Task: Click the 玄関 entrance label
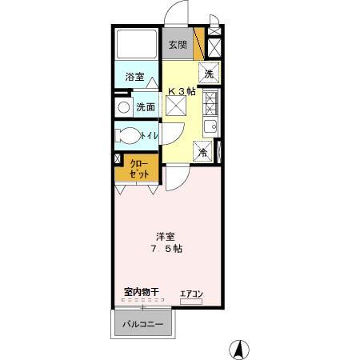[178, 46]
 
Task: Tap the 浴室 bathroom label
[135, 78]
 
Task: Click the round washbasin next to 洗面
[123, 106]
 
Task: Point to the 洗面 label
[145, 106]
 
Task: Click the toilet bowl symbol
[128, 135]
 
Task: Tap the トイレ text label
[150, 136]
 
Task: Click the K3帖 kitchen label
[181, 90]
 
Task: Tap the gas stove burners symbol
[210, 102]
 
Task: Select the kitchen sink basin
[210, 126]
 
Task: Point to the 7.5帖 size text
[166, 249]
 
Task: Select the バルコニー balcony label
[142, 326]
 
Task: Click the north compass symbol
[238, 349]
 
